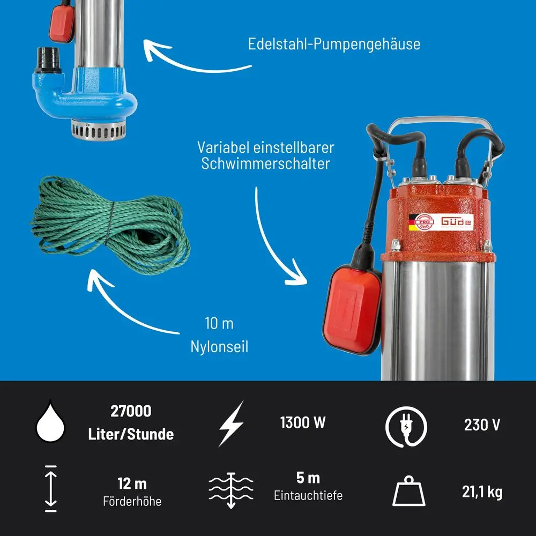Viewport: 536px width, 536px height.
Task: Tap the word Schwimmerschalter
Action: [266, 163]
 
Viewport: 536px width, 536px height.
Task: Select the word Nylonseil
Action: [219, 347]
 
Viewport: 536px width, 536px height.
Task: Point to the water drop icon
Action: [50, 421]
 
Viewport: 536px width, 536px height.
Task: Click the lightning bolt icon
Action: [232, 423]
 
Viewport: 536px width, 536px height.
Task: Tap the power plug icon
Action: [406, 427]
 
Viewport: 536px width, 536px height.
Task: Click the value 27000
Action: [131, 411]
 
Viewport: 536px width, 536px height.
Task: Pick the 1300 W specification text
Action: [303, 422]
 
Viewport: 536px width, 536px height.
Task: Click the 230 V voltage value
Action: [482, 425]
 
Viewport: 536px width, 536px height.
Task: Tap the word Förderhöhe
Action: [132, 502]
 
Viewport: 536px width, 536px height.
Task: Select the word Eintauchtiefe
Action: [308, 495]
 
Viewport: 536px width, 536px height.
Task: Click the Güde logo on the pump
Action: [457, 221]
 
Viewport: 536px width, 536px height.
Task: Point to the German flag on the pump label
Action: [413, 222]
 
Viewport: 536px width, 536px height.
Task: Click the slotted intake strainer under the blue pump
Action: [99, 130]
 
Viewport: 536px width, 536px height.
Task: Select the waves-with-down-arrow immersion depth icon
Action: [231, 490]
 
